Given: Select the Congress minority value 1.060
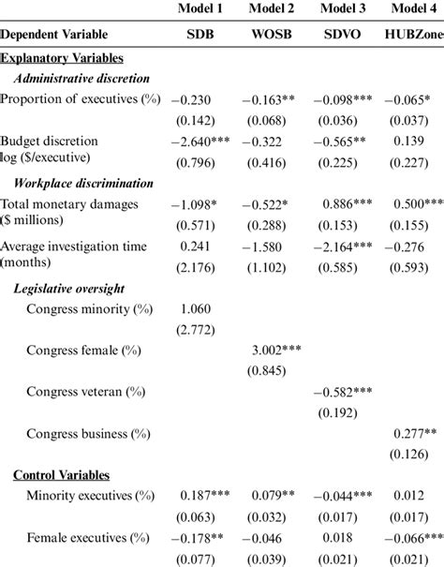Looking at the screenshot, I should click(x=193, y=308).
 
